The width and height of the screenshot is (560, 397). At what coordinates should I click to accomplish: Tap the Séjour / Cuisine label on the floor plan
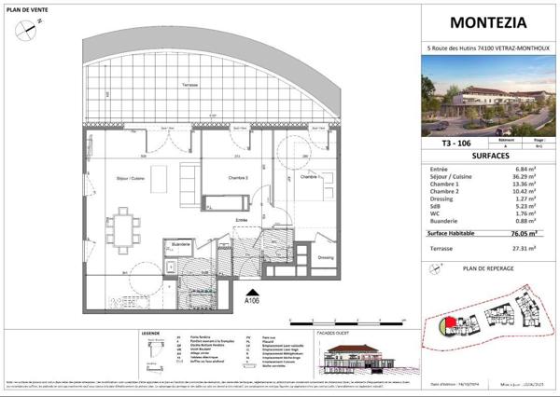pos(128,176)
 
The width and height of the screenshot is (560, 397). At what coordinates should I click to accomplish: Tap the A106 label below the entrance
pos(251,301)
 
